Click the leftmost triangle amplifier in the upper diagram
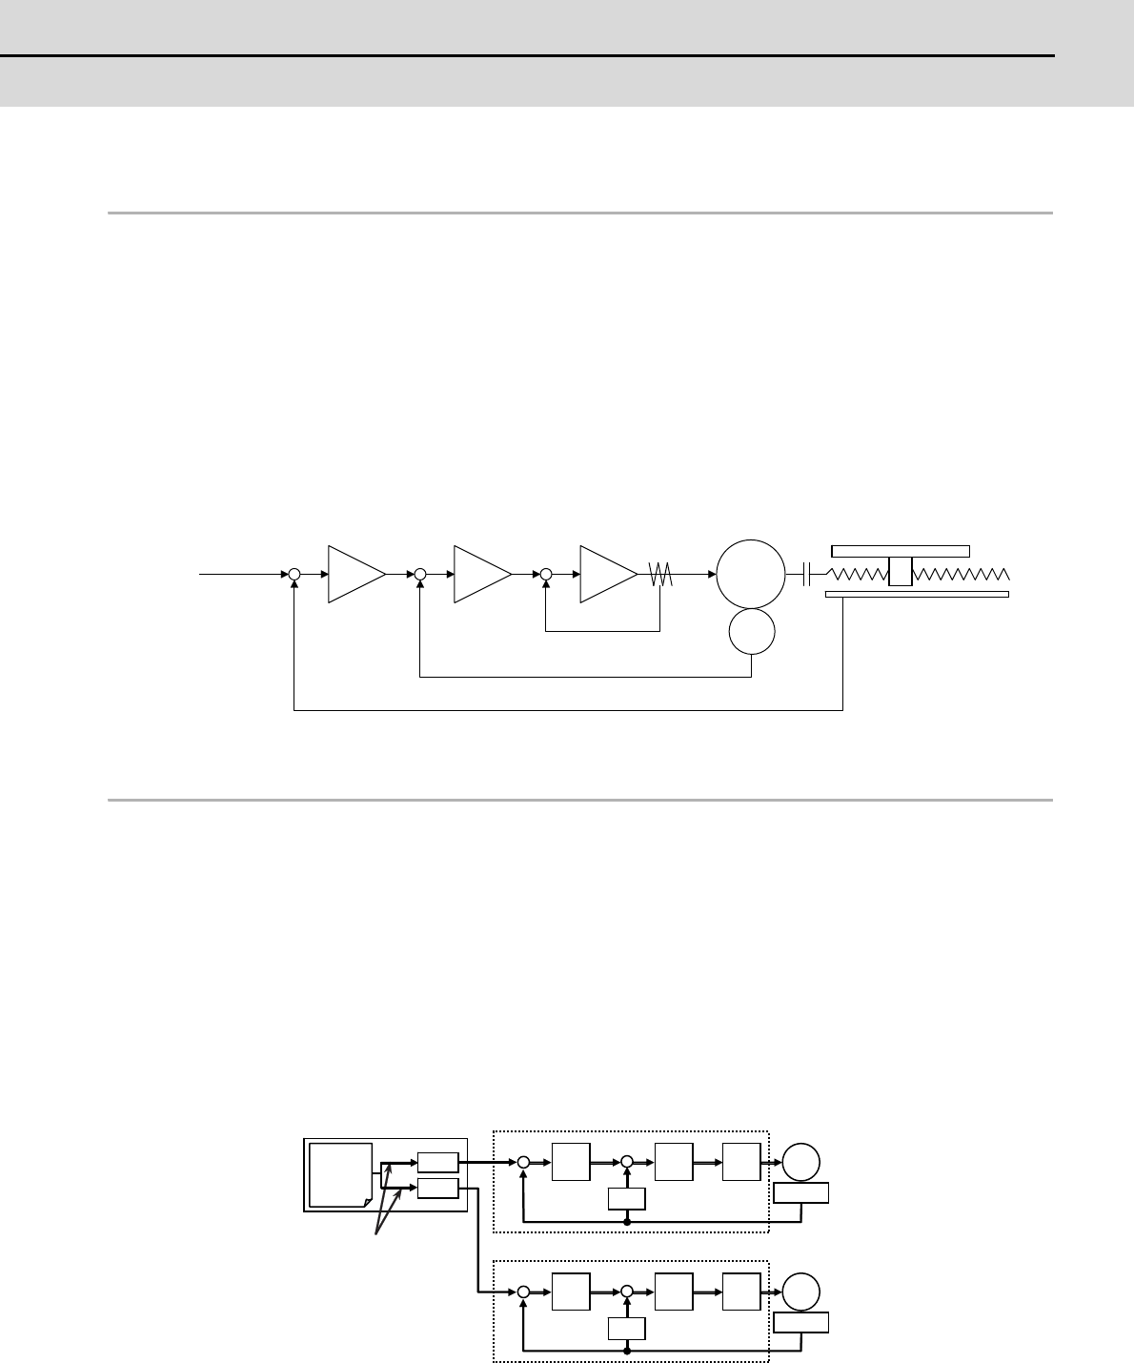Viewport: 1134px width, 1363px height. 354,575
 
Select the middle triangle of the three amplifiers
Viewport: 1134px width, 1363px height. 479,575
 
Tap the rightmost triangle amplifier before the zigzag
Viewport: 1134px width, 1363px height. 605,575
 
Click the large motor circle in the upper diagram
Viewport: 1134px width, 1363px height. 751,574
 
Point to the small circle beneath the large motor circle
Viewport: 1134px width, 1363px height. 751,632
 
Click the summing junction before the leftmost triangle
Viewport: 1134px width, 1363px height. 294,575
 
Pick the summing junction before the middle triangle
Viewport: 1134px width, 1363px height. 420,575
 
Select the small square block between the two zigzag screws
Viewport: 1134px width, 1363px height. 900,574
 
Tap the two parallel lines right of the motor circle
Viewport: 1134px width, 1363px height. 808,574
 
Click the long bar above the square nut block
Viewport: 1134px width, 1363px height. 901,551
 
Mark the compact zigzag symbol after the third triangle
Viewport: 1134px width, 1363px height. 660,575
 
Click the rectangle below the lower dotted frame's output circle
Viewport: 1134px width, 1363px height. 800,1322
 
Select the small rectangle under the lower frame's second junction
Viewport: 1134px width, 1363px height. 627,1328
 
